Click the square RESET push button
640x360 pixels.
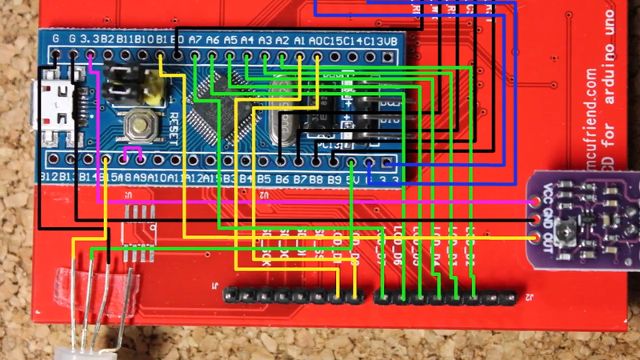pyautogui.click(x=142, y=124)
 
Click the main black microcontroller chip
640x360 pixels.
pyautogui.click(x=214, y=117)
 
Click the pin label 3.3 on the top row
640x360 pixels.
pyautogui.click(x=90, y=38)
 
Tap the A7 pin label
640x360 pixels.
pyautogui.click(x=195, y=38)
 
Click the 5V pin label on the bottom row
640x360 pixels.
pyautogui.click(x=350, y=178)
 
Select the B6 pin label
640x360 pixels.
pyautogui.click(x=282, y=178)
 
